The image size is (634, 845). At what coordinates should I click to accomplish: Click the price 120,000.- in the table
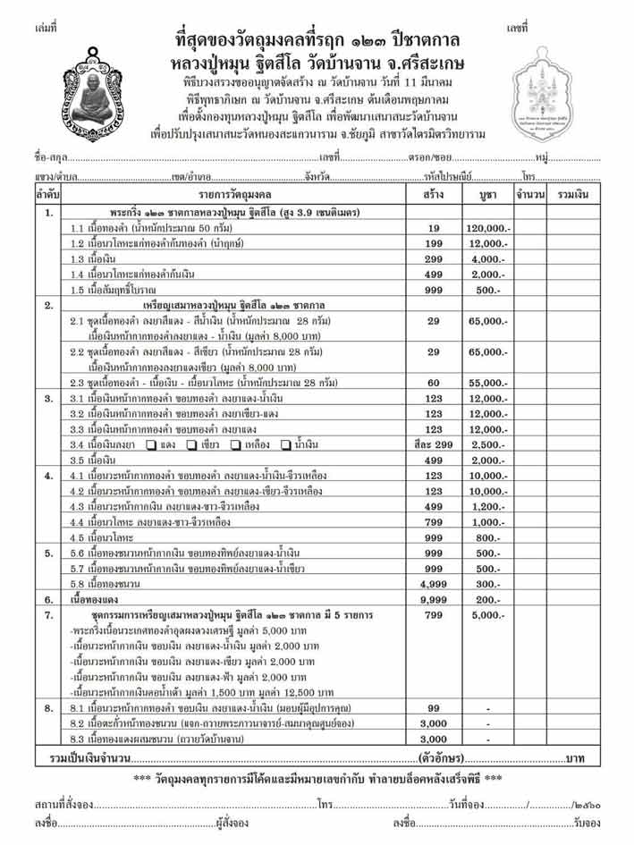(488, 229)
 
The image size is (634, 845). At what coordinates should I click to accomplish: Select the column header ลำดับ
(48, 193)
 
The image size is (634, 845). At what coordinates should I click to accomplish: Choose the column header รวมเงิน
(573, 193)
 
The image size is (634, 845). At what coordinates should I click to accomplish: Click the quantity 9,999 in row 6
(433, 598)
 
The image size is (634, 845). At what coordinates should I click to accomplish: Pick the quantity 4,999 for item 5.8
(433, 583)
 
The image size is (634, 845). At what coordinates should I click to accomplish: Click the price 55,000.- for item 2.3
(488, 383)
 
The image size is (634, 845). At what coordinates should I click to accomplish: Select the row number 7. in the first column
(48, 615)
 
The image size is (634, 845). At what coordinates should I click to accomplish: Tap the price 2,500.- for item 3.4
(488, 444)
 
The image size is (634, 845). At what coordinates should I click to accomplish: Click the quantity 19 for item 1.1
(433, 229)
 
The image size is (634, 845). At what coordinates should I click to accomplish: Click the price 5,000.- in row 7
(488, 615)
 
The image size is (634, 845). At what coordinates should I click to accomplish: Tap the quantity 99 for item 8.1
(433, 707)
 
